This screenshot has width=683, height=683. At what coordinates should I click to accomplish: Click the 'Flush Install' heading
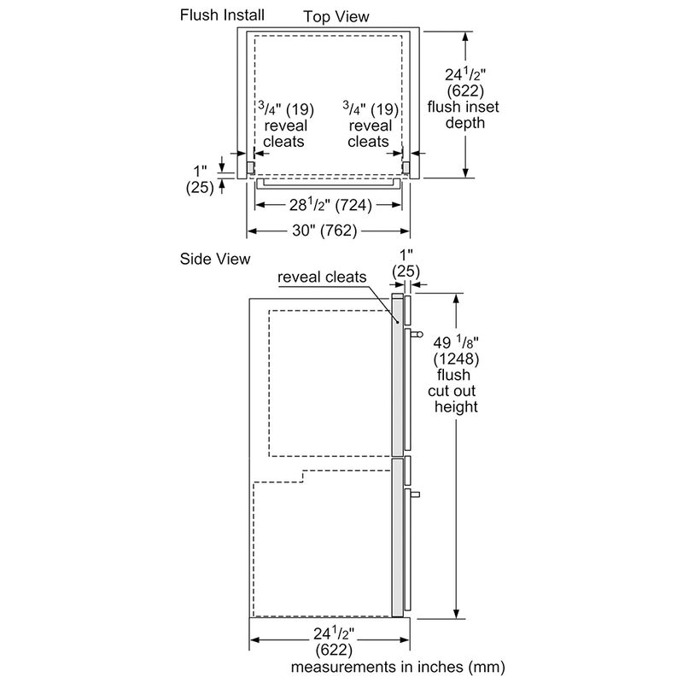coord(221,15)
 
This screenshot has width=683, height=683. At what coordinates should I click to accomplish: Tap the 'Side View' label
coord(214,259)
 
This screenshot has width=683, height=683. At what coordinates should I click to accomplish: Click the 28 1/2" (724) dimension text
coord(330,205)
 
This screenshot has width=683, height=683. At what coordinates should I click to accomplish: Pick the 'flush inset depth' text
coord(464,114)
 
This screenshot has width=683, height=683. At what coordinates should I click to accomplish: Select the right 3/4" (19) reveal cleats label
coord(370,125)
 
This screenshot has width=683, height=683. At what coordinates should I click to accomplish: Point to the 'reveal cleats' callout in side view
coord(321,277)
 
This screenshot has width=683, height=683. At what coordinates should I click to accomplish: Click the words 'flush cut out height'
coord(452,391)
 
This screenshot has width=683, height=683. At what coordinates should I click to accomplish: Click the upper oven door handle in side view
coord(415,334)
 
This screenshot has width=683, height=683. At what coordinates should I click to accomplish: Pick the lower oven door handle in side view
coord(415,493)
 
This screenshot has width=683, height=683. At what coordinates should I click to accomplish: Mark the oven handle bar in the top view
coord(328,183)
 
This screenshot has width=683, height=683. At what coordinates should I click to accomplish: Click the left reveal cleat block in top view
coord(251,166)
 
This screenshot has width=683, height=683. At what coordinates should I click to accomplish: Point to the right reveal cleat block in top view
coord(406,166)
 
